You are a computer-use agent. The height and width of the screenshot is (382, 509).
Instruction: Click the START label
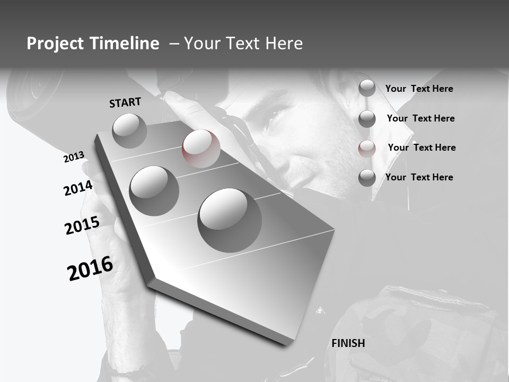point(125,102)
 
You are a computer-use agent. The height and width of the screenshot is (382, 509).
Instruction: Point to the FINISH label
point(348,343)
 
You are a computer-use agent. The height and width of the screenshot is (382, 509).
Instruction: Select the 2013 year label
point(74,157)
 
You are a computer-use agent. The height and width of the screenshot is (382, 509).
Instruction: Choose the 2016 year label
point(90,268)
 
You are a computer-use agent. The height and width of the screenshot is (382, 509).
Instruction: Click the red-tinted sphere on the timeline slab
point(201,149)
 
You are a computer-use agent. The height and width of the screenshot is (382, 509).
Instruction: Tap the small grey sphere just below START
point(129,131)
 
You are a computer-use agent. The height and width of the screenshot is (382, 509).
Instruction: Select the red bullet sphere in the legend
point(367,149)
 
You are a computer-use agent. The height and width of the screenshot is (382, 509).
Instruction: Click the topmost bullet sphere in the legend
point(367,88)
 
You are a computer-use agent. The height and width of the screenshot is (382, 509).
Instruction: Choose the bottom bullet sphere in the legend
point(367,178)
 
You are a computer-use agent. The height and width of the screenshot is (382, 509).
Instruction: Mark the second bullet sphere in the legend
point(367,119)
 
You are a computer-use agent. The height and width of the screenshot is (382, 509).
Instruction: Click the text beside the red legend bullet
point(422,147)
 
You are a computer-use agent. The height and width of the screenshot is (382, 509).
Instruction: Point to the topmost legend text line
point(419,89)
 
